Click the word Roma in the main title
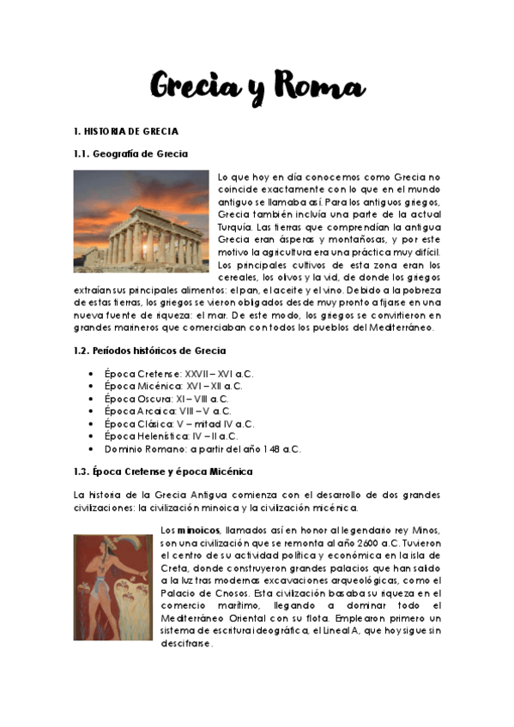click(320, 87)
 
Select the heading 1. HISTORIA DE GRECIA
click(126, 131)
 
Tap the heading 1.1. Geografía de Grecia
click(130, 153)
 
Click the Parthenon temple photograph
click(141, 221)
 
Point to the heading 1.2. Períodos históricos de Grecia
click(150, 351)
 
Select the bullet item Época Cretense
click(179, 375)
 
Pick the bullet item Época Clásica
click(179, 424)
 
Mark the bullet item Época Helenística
click(172, 436)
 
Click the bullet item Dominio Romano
click(203, 448)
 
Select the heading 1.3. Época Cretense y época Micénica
click(163, 472)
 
